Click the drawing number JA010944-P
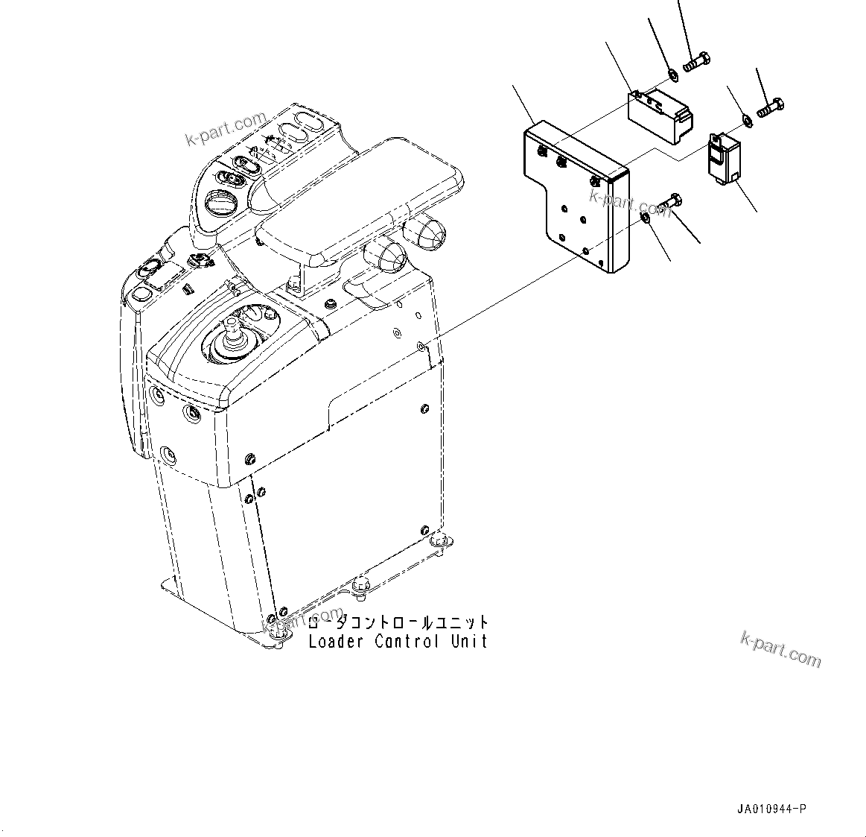pos(772,809)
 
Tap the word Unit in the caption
pos(468,641)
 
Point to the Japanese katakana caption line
pos(399,623)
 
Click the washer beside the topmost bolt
pos(672,73)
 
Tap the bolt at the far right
pos(771,108)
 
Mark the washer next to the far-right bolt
pos(746,119)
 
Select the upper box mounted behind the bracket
pos(660,113)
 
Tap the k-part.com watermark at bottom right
pos(781,648)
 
